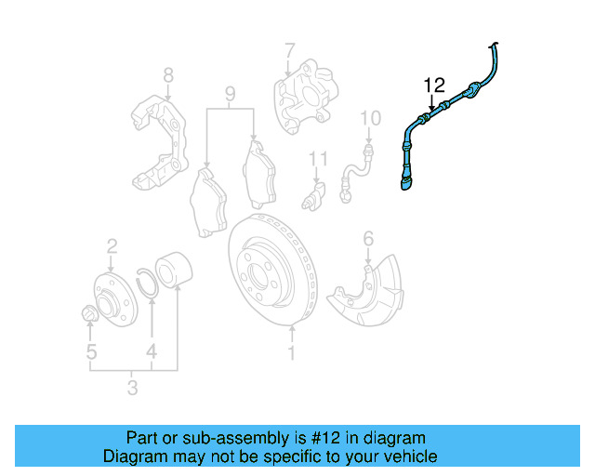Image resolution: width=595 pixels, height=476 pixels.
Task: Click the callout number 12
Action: [x=435, y=86]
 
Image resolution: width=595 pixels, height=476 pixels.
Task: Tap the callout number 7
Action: [x=289, y=49]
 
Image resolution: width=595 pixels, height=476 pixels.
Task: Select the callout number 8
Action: [x=168, y=75]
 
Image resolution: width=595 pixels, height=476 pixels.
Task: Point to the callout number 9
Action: [x=231, y=93]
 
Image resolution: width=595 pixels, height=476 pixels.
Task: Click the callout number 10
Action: [x=370, y=118]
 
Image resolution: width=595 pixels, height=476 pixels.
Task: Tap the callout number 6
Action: [x=368, y=240]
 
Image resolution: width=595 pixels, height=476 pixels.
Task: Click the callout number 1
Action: [x=291, y=353]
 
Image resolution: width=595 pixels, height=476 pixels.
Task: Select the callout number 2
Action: [x=112, y=245]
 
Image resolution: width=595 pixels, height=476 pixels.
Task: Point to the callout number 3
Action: [x=133, y=387]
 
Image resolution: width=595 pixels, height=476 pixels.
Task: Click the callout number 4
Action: [x=151, y=352]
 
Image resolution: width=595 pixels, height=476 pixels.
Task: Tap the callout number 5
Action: [x=91, y=351]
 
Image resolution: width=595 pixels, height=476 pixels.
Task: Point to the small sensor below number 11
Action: [x=316, y=197]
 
